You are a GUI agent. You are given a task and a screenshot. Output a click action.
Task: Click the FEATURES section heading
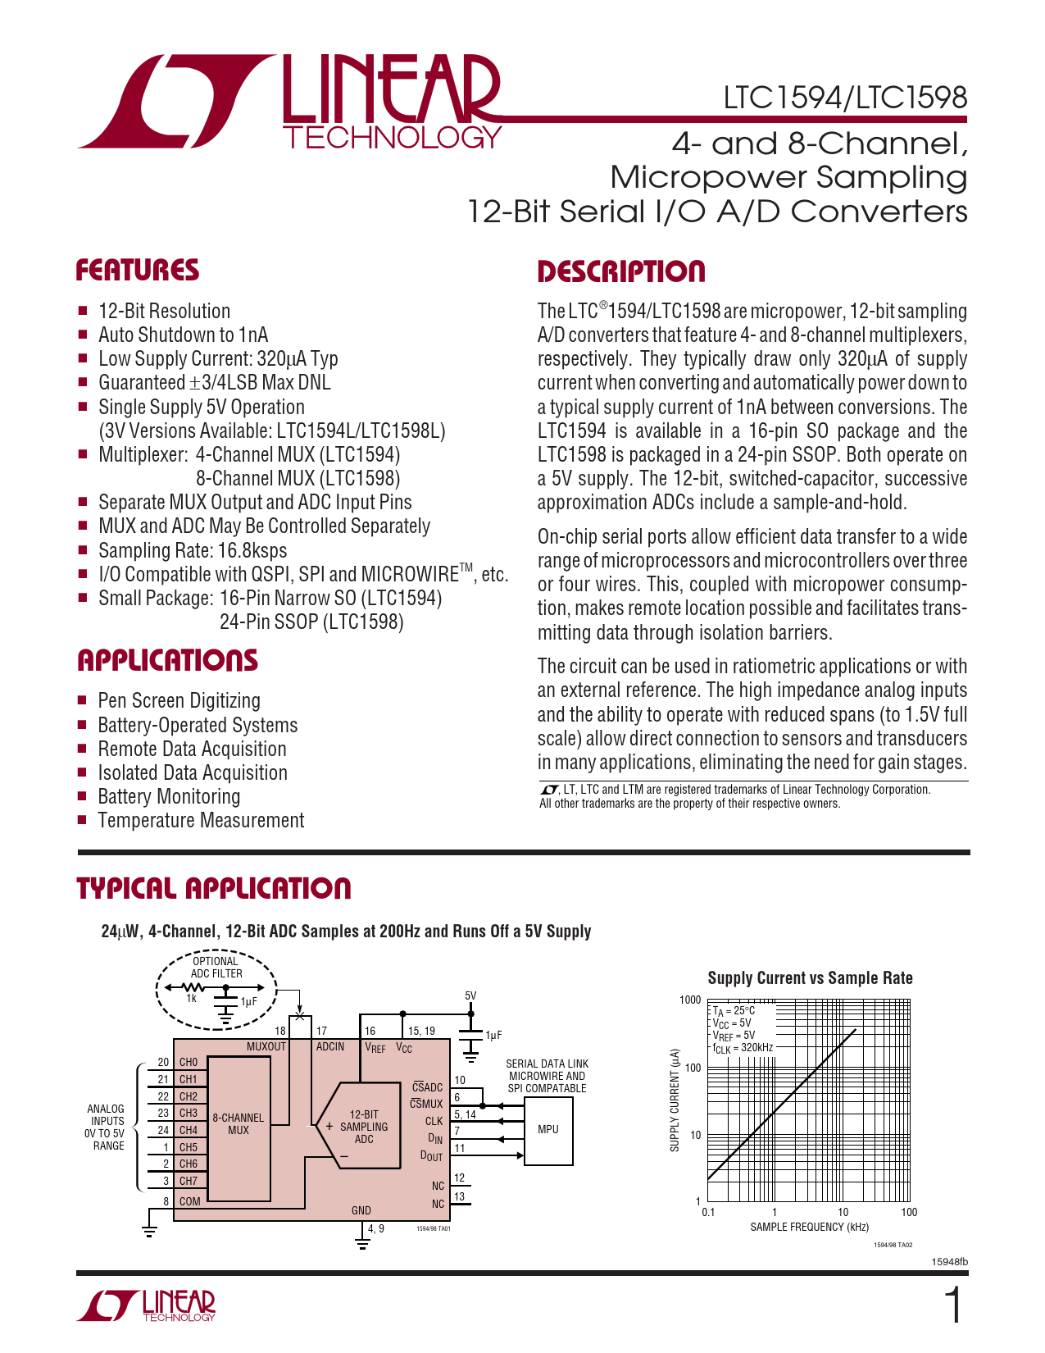click(137, 271)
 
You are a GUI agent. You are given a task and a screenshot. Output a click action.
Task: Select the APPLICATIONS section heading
click(167, 661)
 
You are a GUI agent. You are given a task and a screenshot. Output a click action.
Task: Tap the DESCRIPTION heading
click(620, 272)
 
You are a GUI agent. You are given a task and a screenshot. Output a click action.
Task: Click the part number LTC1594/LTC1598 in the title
click(844, 98)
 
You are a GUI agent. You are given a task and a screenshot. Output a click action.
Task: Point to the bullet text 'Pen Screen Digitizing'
click(179, 701)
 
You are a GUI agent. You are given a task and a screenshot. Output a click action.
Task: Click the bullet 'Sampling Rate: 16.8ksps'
click(193, 550)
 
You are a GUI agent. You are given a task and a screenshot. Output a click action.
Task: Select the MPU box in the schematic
click(547, 1130)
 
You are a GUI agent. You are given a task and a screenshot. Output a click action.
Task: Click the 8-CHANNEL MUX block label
click(238, 1124)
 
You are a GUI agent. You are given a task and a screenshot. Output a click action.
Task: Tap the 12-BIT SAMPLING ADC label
click(363, 1127)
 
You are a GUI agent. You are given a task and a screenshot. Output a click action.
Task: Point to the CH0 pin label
click(189, 1063)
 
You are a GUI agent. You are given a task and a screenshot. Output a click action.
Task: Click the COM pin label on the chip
click(189, 1201)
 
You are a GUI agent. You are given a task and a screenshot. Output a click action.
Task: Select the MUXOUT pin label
click(266, 1047)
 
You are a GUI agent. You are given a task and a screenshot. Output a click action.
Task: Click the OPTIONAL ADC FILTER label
click(216, 968)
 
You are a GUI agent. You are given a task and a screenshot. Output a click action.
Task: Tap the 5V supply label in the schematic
click(470, 996)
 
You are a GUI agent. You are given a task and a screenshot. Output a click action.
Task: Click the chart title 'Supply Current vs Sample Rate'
click(810, 978)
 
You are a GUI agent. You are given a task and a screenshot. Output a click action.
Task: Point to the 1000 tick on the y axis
click(690, 1000)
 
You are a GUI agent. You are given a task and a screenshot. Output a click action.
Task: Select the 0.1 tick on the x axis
click(708, 1213)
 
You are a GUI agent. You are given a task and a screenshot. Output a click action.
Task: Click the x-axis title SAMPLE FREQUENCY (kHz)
click(809, 1228)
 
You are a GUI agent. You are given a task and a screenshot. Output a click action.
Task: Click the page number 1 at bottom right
click(954, 1306)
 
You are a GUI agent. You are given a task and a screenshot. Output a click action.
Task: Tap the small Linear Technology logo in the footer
click(147, 1306)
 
